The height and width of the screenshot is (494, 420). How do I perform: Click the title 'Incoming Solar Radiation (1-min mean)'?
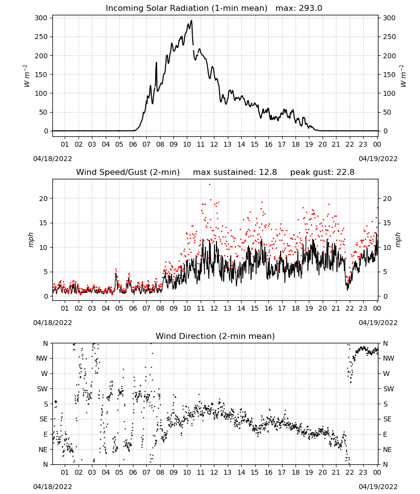coord(186,8)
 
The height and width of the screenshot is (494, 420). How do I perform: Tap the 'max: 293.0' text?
coord(299,8)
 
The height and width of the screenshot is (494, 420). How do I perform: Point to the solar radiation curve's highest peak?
coord(191,20)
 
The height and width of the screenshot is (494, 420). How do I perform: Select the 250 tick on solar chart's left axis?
coord(42,37)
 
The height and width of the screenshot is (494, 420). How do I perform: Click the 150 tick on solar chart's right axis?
coord(389,75)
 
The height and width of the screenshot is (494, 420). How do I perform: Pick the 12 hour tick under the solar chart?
coord(214,144)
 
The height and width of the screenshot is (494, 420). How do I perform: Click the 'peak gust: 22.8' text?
coord(322,172)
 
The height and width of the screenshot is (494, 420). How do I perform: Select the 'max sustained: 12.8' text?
coord(235,172)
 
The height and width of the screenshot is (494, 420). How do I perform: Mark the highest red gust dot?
coord(210,185)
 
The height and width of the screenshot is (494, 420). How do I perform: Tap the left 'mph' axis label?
coord(31,240)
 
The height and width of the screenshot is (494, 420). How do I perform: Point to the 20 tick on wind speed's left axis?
coord(44,199)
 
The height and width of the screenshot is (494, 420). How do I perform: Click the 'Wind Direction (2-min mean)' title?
coord(215,336)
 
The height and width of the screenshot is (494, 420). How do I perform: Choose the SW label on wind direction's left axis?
coord(42,389)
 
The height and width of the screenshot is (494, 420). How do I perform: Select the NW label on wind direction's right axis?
coord(388,359)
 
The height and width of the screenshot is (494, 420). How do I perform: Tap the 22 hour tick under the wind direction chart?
coord(349,472)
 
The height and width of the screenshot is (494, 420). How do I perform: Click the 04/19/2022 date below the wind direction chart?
coord(378,487)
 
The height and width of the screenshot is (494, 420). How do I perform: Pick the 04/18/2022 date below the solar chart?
coord(52,159)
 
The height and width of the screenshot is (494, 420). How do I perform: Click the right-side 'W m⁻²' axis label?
coord(403,76)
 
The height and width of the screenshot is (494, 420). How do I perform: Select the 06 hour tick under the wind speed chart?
coord(133,308)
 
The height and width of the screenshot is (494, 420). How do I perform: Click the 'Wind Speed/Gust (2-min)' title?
coord(128,172)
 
